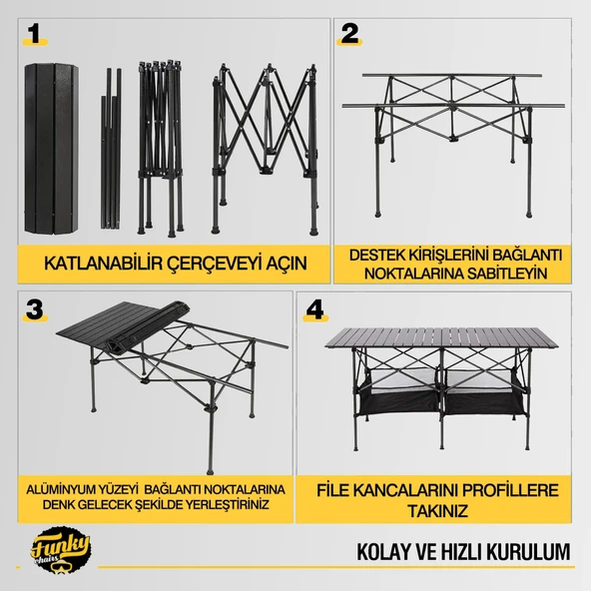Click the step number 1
[35, 34]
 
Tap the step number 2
[349, 34]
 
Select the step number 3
[35, 309]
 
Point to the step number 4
[315, 309]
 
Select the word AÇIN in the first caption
[287, 264]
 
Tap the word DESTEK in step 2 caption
[373, 255]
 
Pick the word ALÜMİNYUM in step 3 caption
[61, 489]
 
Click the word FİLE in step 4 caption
[332, 490]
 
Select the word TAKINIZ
[437, 511]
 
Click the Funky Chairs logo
[60, 550]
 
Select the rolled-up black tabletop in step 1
[52, 149]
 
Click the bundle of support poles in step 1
[111, 149]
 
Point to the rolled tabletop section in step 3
[147, 326]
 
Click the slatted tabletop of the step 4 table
[441, 337]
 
